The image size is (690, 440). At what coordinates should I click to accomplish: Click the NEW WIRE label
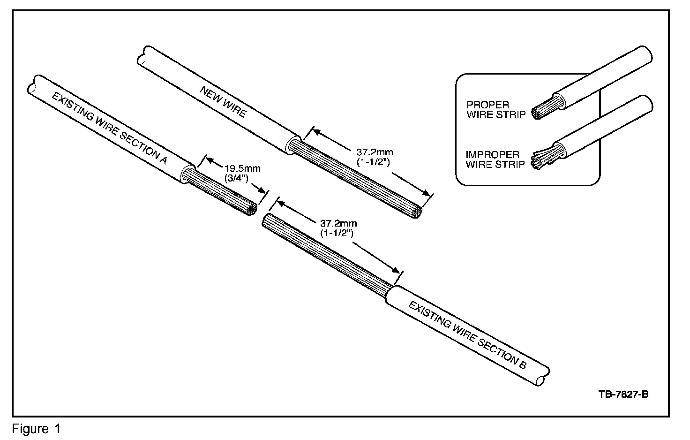(x=223, y=102)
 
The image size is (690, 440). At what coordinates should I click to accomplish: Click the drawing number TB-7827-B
(x=623, y=394)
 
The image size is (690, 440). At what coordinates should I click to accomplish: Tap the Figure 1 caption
(x=37, y=428)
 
